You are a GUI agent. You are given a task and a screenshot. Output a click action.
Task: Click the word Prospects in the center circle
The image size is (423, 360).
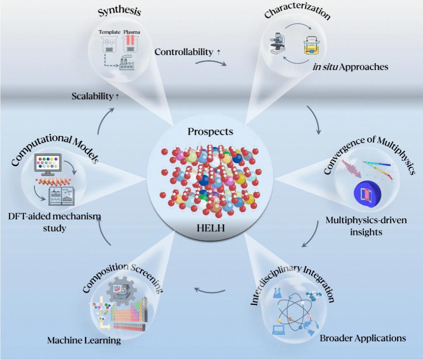pyautogui.click(x=210, y=132)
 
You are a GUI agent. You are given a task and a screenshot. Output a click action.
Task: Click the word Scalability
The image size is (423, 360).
pyautogui.click(x=92, y=96)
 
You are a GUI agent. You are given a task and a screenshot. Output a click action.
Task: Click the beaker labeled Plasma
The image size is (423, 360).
pyautogui.click(x=131, y=43)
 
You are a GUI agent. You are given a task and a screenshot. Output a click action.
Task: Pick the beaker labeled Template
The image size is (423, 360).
pyautogui.click(x=109, y=44)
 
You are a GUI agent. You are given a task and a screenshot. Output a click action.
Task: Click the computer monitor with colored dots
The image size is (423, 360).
pyautogui.click(x=48, y=164)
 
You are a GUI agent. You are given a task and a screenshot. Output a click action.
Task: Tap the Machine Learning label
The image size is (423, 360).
pyautogui.click(x=84, y=341)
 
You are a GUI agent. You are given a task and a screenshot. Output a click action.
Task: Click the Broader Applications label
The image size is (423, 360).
pyautogui.click(x=363, y=338)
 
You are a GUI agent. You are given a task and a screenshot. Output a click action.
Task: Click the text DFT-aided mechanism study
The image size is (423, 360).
pyautogui.click(x=55, y=222)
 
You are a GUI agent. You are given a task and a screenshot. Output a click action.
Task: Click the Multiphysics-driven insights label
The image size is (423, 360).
pyautogui.click(x=366, y=226)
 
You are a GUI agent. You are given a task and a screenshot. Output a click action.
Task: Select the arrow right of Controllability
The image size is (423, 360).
pyautogui.click(x=211, y=62)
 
